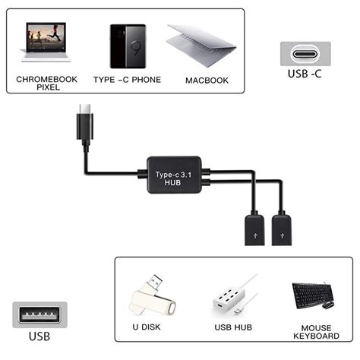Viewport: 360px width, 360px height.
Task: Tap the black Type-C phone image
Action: pyautogui.click(x=127, y=46)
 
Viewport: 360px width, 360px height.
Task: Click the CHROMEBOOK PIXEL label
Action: pyautogui.click(x=47, y=82)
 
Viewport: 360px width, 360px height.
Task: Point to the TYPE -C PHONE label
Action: pyautogui.click(x=127, y=79)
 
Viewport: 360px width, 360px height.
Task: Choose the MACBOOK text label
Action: pyautogui.click(x=207, y=79)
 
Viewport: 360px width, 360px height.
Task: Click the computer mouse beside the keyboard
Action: pyautogui.click(x=328, y=305)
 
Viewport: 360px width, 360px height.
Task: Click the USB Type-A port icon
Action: pyautogui.click(x=40, y=313)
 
